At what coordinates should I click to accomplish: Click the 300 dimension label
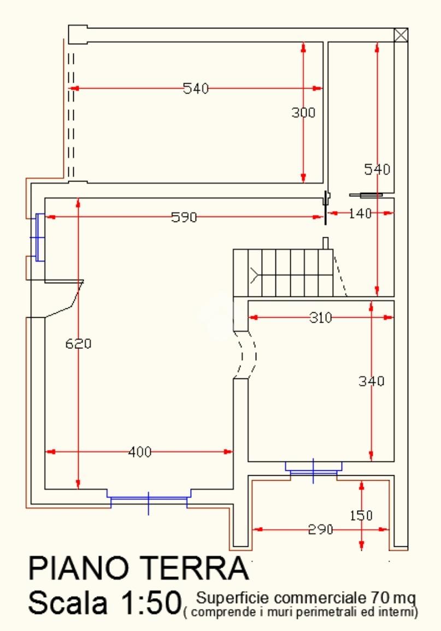pyautogui.click(x=303, y=113)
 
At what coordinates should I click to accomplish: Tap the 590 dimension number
pyautogui.click(x=184, y=217)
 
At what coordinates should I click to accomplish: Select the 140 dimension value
pyautogui.click(x=359, y=213)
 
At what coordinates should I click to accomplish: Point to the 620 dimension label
pyautogui.click(x=78, y=344)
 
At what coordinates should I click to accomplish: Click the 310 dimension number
pyautogui.click(x=320, y=317)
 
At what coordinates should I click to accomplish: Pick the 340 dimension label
pyautogui.click(x=372, y=381)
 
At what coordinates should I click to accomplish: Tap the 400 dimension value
pyautogui.click(x=140, y=452)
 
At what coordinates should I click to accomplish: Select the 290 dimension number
pyautogui.click(x=321, y=529)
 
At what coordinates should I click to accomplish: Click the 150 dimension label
pyautogui.click(x=361, y=515)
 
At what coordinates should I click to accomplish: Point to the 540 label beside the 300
pyautogui.click(x=196, y=88)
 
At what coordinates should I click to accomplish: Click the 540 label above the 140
pyautogui.click(x=378, y=170)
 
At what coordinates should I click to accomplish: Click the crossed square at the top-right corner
pyautogui.click(x=401, y=34)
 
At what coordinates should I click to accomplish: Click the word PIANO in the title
pyautogui.click(x=80, y=570)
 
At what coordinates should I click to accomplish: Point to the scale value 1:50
pyautogui.click(x=148, y=603)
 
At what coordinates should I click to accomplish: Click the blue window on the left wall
pyautogui.click(x=39, y=237)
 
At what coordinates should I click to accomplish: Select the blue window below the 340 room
pyautogui.click(x=313, y=468)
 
